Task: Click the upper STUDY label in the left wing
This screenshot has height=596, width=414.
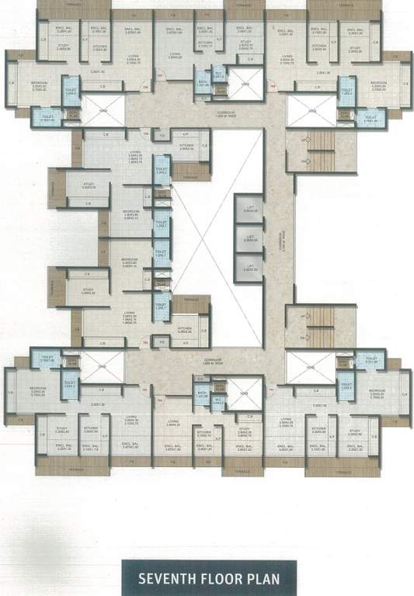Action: (x=89, y=184)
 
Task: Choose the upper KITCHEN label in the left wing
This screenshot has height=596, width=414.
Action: (x=186, y=146)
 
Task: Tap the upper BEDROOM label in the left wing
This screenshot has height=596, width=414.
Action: (x=130, y=210)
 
